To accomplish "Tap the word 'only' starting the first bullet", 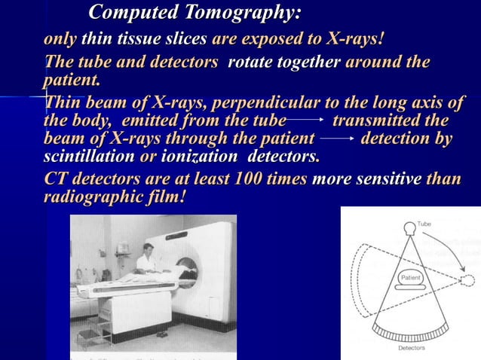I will click(60, 39).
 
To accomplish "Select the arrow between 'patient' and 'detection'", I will click(337, 139).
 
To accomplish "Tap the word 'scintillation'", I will click(90, 158).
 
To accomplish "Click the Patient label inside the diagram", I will click(410, 278).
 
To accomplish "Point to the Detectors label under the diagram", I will click(411, 348).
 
